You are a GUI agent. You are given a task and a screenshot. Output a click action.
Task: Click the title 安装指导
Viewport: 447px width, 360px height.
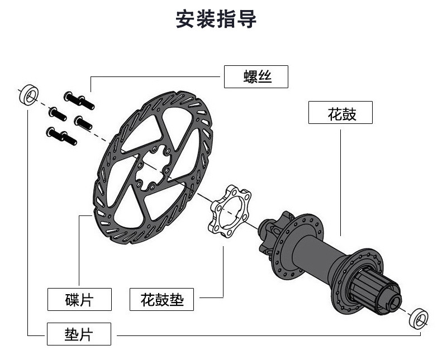[x=216, y=19]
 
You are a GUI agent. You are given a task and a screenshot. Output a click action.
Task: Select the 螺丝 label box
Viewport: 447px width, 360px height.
[x=256, y=76]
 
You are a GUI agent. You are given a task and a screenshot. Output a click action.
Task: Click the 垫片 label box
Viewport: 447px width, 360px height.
[x=79, y=334]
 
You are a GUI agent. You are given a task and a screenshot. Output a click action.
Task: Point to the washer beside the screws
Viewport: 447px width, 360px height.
[x=27, y=95]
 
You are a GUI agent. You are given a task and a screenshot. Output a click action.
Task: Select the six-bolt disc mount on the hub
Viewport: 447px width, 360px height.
[x=274, y=231]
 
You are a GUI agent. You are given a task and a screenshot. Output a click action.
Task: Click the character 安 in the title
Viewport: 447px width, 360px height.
[x=186, y=19]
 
